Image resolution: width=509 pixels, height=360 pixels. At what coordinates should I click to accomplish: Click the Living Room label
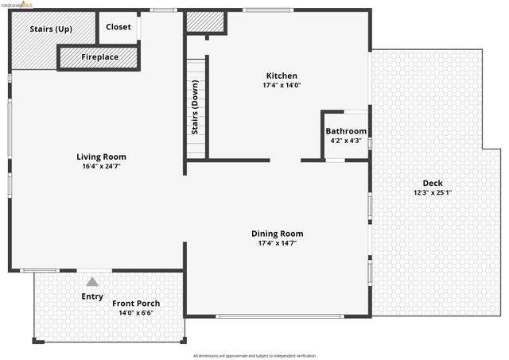[x=101, y=157]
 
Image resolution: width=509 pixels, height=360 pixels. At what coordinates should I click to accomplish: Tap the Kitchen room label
[x=282, y=75]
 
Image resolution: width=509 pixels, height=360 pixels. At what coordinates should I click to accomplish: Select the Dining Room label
[x=277, y=234]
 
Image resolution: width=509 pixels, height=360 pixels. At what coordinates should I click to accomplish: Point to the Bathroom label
[x=346, y=131]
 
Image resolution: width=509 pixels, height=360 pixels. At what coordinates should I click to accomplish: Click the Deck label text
[x=433, y=182]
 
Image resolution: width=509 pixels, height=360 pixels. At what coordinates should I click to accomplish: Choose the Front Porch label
[x=136, y=304]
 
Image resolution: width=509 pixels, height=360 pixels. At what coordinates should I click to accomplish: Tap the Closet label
[x=119, y=27]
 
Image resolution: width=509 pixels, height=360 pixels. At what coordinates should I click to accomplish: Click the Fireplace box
[x=99, y=57]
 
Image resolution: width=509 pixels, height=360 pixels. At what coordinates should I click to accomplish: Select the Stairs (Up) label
[x=51, y=29]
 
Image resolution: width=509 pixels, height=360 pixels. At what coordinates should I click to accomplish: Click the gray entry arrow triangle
[x=92, y=281]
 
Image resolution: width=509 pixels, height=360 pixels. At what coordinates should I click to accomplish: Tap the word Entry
[x=92, y=296]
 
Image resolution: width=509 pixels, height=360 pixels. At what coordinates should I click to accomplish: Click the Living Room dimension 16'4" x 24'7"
[x=101, y=167]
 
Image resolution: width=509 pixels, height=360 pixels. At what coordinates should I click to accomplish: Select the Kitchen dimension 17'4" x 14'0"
[x=282, y=85]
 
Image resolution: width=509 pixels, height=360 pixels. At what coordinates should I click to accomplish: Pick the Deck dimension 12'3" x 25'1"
[x=433, y=192]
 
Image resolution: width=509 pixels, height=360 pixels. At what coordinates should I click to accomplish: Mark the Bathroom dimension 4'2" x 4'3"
[x=346, y=141]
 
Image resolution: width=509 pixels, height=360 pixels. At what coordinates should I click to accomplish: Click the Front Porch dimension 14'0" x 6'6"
[x=136, y=313]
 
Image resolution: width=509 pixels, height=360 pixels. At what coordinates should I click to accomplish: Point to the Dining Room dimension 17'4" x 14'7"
[x=277, y=244]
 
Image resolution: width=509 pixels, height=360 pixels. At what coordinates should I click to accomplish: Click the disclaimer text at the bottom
[x=254, y=355]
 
